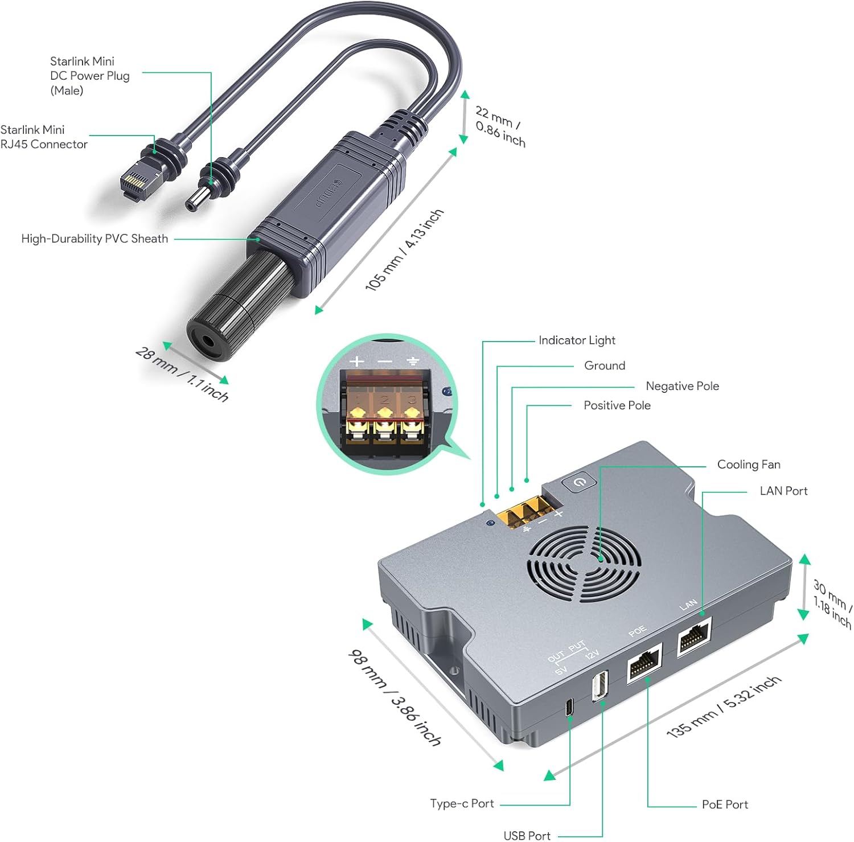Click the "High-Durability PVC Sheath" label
click(x=95, y=239)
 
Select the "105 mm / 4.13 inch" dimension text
click(x=404, y=249)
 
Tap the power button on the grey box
click(x=579, y=482)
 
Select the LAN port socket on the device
click(x=695, y=638)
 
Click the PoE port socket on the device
click(x=644, y=662)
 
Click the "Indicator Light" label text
click(x=577, y=340)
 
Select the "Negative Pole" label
click(x=682, y=386)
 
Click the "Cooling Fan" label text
click(x=748, y=465)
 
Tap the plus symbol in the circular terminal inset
click(x=357, y=361)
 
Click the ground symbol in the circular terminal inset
click(x=413, y=361)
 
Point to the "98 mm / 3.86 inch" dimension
click(x=395, y=698)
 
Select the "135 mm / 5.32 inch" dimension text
click(x=724, y=707)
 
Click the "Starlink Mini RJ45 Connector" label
click(x=43, y=137)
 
